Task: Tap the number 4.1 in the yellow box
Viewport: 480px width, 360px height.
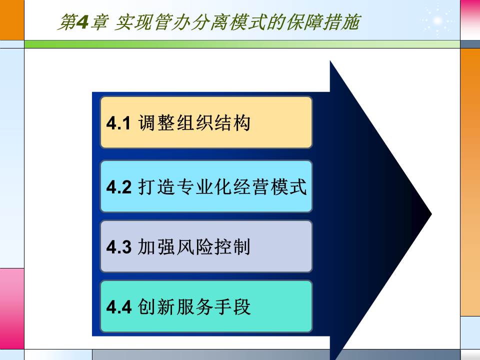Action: click(x=118, y=123)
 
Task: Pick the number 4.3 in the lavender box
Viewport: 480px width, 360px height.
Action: click(x=118, y=247)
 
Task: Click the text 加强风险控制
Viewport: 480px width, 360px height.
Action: click(x=193, y=247)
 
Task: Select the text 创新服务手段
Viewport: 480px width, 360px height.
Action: click(x=193, y=306)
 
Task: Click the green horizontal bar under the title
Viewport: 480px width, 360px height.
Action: click(x=240, y=44)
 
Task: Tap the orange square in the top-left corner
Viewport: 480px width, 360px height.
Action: click(x=11, y=19)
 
